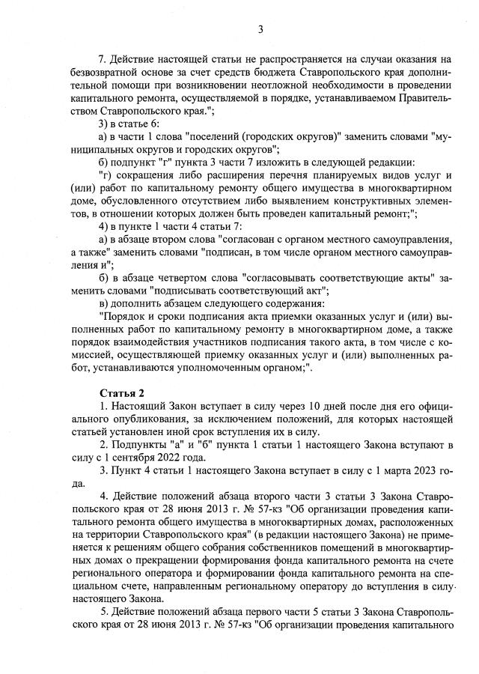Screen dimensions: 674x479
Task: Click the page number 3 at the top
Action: pyautogui.click(x=260, y=30)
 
